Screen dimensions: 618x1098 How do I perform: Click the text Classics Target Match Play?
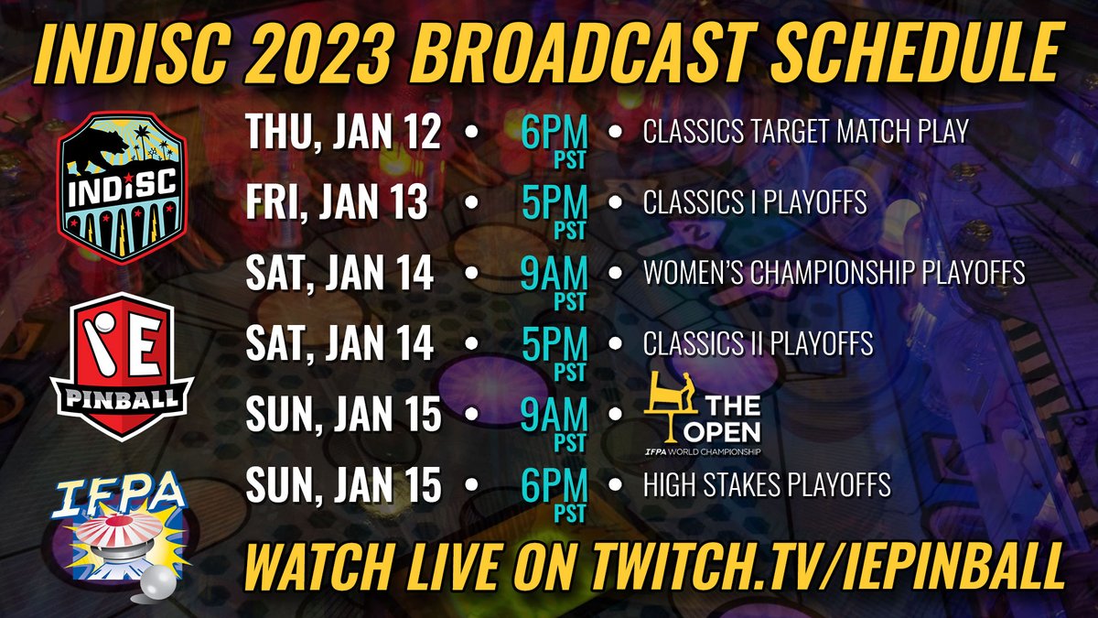tap(805, 133)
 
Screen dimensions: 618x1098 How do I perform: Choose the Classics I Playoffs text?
tap(755, 203)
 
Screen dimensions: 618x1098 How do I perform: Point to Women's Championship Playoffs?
tap(834, 274)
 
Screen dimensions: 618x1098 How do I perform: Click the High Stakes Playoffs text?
tap(767, 485)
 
